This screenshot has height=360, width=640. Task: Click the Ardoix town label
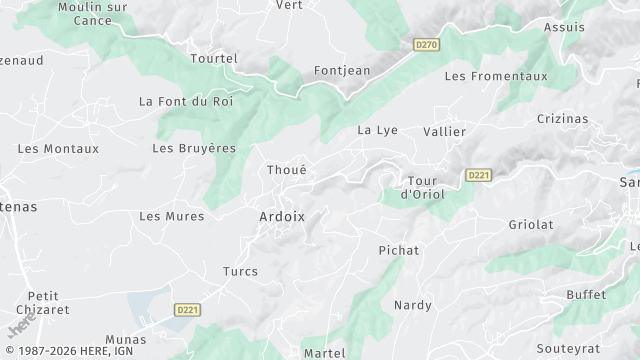281,217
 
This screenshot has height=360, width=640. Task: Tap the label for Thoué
286,170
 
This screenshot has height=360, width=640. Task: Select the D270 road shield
427,45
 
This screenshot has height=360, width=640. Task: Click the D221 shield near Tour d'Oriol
479,175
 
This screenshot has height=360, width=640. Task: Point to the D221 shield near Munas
187,310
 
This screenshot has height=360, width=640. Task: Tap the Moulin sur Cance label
94,14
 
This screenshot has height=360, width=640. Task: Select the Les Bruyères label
194,148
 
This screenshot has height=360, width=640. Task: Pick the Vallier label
444,131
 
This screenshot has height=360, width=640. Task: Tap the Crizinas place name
562,118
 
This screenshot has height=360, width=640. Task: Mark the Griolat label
530,225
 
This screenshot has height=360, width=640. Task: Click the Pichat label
399,250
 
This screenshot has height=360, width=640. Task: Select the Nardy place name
412,304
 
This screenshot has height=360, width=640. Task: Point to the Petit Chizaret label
43,302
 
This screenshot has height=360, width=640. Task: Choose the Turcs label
240,271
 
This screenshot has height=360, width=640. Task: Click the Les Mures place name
171,216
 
